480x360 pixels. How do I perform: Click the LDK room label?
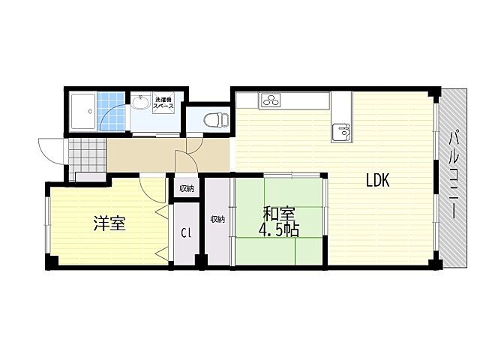[378, 180]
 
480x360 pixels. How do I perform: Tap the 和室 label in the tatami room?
[279, 214]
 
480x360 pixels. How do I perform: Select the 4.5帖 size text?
[279, 229]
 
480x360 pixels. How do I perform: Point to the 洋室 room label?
[109, 223]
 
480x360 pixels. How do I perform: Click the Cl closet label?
[186, 233]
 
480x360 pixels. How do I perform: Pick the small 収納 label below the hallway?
[187, 189]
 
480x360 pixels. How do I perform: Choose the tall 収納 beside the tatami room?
[217, 219]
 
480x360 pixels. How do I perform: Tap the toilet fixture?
[216, 119]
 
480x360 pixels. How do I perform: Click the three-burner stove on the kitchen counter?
[271, 100]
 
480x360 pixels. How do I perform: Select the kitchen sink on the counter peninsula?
[342, 132]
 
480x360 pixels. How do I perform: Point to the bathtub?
[83, 112]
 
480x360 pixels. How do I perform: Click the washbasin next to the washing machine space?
[140, 103]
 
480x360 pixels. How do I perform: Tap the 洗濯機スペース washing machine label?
[163, 103]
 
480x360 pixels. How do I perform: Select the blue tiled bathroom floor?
[112, 112]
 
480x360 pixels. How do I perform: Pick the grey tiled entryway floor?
[87, 155]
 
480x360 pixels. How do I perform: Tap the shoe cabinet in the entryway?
[90, 177]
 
